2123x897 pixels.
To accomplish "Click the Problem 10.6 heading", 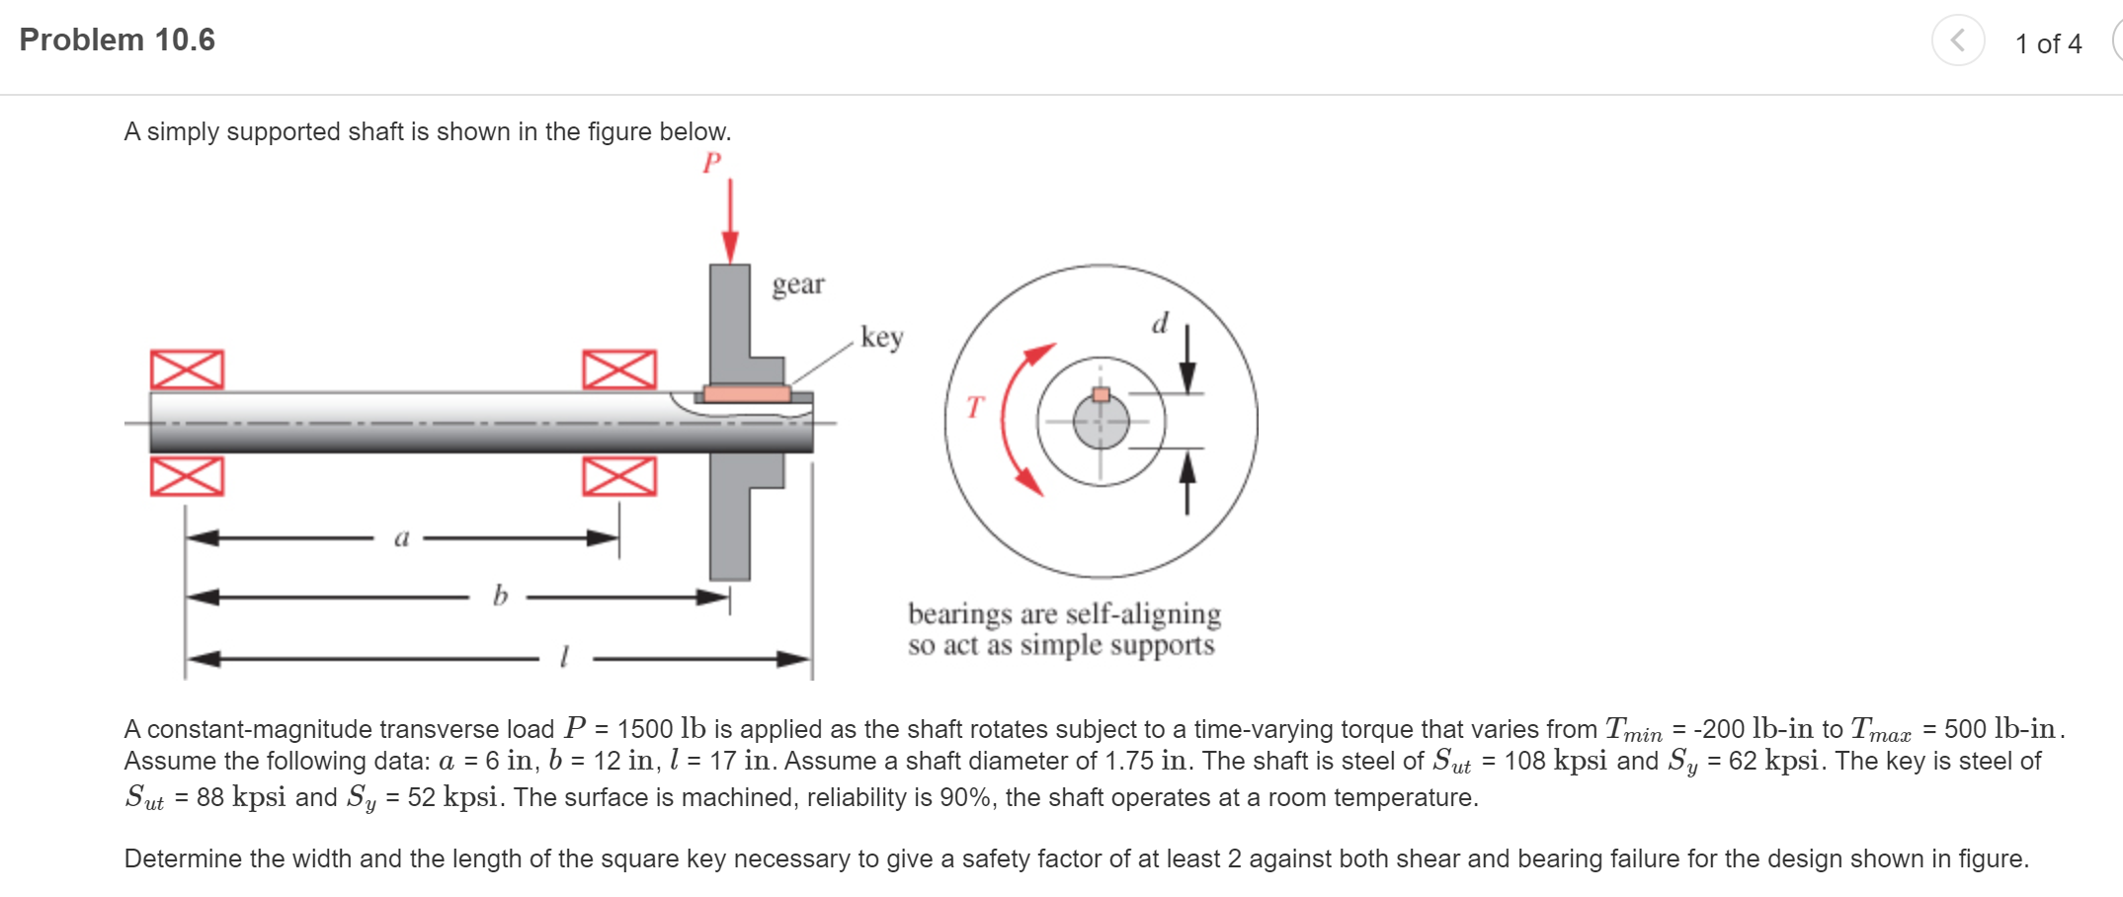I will [117, 40].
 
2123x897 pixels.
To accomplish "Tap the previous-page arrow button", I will [1957, 41].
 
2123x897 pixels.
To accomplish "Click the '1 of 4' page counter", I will [2048, 43].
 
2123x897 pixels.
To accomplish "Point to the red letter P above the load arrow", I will [711, 163].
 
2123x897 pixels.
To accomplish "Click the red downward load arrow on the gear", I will [730, 222].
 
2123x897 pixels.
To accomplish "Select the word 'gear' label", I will [797, 285].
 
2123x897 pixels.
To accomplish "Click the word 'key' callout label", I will [881, 337].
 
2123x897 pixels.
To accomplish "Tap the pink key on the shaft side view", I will [747, 394].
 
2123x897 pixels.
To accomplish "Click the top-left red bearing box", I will [187, 369].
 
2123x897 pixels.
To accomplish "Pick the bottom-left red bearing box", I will [187, 476].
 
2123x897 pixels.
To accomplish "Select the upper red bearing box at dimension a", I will [619, 369].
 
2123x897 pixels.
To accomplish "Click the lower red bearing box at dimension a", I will [619, 476].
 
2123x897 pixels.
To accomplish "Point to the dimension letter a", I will [401, 538].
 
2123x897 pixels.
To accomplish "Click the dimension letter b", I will [500, 596].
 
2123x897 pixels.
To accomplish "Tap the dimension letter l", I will [564, 657].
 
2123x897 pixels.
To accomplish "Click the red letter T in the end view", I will [975, 407].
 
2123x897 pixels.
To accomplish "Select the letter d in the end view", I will [1160, 324].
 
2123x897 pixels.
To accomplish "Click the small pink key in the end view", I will [1101, 394].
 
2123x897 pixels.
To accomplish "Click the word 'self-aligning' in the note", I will [1143, 613].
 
